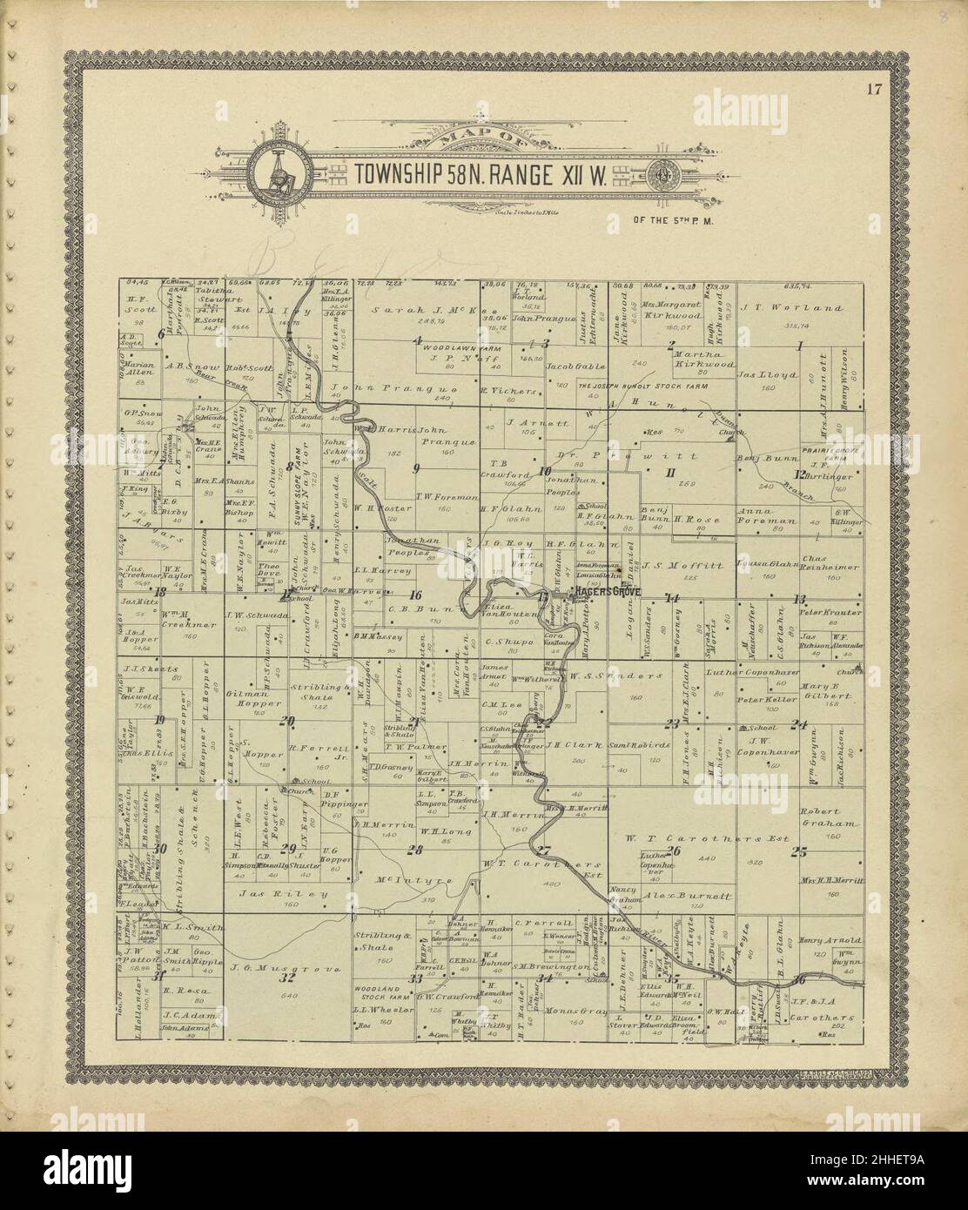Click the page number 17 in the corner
pyautogui.click(x=874, y=88)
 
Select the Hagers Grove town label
pyautogui.click(x=606, y=592)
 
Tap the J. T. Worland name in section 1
pyautogui.click(x=791, y=307)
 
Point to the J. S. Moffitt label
pyautogui.click(x=692, y=564)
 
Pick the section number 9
pyautogui.click(x=416, y=467)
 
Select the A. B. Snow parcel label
pyautogui.click(x=192, y=367)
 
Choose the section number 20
pyautogui.click(x=286, y=719)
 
